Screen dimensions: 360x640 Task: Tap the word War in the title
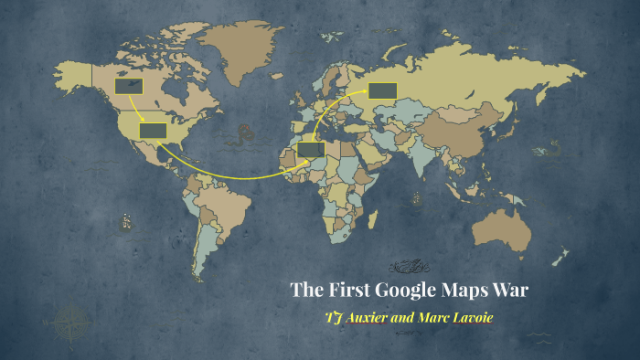510,291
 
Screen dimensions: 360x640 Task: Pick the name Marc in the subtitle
437,318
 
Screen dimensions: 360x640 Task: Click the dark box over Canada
128,87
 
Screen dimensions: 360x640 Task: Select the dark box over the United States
153,130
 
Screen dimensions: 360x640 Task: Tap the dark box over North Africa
311,149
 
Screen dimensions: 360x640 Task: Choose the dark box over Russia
382,90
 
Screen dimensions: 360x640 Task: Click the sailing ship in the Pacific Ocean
123,221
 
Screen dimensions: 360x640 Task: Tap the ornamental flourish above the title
409,266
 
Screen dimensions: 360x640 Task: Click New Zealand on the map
561,257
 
